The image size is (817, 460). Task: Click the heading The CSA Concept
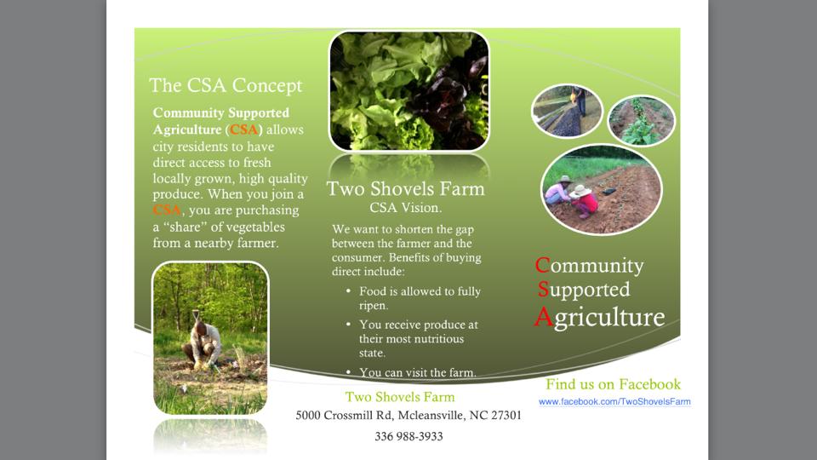(226, 85)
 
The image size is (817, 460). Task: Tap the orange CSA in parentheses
(244, 129)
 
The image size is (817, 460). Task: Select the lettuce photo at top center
(409, 91)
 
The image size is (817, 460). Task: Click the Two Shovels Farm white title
(405, 188)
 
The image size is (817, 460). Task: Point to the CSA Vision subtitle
(405, 208)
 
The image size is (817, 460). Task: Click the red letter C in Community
(542, 265)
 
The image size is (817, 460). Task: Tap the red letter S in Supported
(543, 289)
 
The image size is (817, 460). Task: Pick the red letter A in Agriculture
(544, 316)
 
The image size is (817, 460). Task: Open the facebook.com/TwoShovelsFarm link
(614, 401)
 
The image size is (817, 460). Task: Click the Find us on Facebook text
(613, 384)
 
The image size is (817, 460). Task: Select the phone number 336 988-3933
(408, 436)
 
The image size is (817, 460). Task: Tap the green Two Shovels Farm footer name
(400, 397)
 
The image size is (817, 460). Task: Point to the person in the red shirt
(584, 201)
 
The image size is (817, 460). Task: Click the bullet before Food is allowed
(348, 291)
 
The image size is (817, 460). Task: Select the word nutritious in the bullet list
(437, 339)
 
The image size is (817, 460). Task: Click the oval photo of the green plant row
(642, 121)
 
